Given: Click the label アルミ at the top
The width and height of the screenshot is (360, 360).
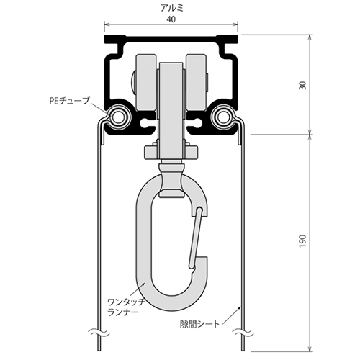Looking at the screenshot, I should coord(171,9).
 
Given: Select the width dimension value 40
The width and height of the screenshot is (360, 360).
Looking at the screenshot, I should coord(171,21).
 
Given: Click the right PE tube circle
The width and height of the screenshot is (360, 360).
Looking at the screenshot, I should coord(224,116).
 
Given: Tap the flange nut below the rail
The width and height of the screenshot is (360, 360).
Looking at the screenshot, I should coord(171,153).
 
